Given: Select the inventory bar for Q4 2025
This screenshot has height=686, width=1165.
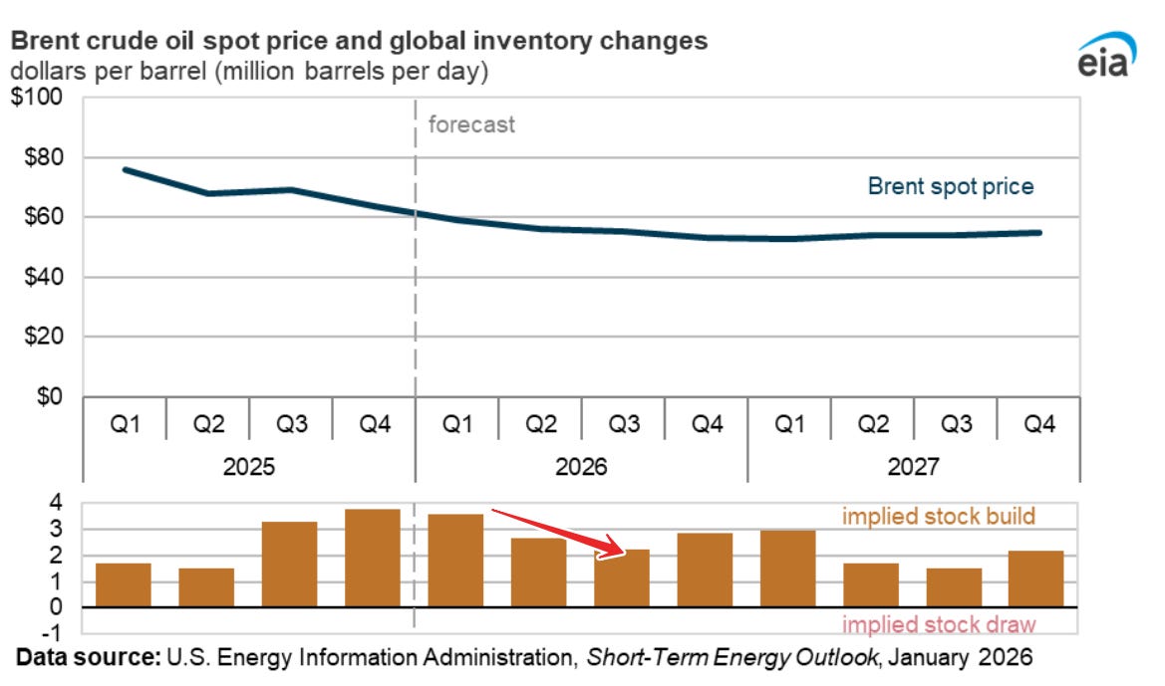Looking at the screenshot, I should [373, 558].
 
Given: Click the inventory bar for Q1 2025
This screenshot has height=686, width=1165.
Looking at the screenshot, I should [124, 584].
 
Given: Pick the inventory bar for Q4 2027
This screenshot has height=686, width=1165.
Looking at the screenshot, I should [1036, 578].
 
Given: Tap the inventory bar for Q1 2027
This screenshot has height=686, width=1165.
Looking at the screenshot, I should [787, 569].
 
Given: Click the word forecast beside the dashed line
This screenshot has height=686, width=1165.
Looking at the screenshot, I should [471, 125].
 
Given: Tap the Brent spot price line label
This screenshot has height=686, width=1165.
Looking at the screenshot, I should [951, 186].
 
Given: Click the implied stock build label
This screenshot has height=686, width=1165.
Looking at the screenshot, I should [939, 517].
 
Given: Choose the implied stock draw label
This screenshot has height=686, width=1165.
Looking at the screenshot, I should [939, 625].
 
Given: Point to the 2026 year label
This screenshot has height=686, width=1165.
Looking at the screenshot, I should [582, 466].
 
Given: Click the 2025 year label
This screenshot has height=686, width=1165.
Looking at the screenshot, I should [249, 466].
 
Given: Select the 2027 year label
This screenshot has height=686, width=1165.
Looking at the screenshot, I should [913, 466].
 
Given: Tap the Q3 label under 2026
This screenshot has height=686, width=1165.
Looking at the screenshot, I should [624, 425].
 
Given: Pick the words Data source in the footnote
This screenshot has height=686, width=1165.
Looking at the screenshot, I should [87, 658].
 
